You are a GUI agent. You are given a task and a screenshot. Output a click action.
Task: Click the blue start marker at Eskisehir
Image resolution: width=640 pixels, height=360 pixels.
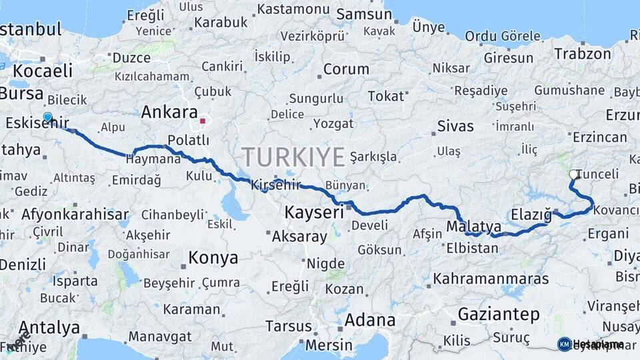(47, 118)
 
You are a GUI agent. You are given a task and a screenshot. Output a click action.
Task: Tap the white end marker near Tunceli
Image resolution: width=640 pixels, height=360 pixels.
(573, 175)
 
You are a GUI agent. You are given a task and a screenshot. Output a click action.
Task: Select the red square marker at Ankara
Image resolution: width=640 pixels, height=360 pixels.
(203, 122)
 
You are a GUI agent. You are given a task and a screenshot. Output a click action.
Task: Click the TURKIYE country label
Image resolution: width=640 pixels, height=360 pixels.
(293, 157)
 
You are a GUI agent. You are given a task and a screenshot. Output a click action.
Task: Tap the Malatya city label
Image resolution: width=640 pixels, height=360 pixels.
(474, 226)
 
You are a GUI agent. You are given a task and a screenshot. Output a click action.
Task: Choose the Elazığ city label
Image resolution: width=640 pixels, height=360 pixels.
(531, 215)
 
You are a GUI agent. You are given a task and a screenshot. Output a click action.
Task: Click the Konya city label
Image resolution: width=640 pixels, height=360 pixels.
(213, 258)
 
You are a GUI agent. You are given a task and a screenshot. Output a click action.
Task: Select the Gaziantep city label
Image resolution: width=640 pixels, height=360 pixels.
(499, 313)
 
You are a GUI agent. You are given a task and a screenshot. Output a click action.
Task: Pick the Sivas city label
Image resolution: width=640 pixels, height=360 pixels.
(455, 126)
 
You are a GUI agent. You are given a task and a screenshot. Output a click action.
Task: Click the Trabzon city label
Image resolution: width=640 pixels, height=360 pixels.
(583, 54)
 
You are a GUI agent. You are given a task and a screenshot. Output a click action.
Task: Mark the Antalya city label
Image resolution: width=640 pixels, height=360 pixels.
(49, 328)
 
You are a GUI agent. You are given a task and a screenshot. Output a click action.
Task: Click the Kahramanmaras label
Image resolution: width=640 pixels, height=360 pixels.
(491, 279)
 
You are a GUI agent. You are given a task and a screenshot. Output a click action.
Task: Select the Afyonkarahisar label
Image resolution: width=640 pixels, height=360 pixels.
(75, 215)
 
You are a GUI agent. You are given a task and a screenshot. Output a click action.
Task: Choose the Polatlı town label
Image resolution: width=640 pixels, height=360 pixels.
(189, 140)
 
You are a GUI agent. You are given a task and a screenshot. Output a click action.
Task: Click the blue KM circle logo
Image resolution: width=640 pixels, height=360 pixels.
(564, 344)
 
